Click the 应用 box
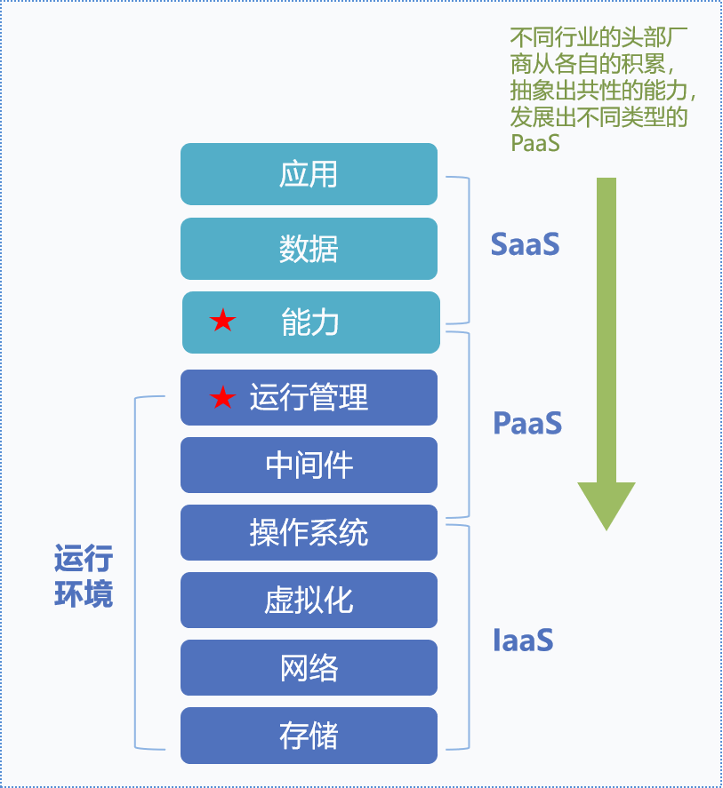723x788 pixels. coord(309,174)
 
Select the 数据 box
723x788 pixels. coord(309,249)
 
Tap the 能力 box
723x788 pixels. coord(310,322)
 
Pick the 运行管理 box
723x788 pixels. coord(309,397)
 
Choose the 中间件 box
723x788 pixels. coord(309,465)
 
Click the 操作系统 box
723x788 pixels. coord(309,532)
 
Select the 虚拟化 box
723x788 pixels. coord(309,600)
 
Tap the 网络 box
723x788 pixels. coord(309,667)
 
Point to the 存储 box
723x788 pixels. coord(309,736)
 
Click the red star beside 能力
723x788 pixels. coord(222,322)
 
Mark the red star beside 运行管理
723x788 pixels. coord(222,398)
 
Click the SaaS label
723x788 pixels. coord(525,244)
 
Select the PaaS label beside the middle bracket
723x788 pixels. coord(527,423)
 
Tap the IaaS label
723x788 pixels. coord(523,640)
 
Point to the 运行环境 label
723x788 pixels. coord(84,577)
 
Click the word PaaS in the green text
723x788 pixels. coord(534,142)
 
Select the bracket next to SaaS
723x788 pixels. coord(466,250)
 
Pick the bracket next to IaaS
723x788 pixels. coord(466,636)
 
